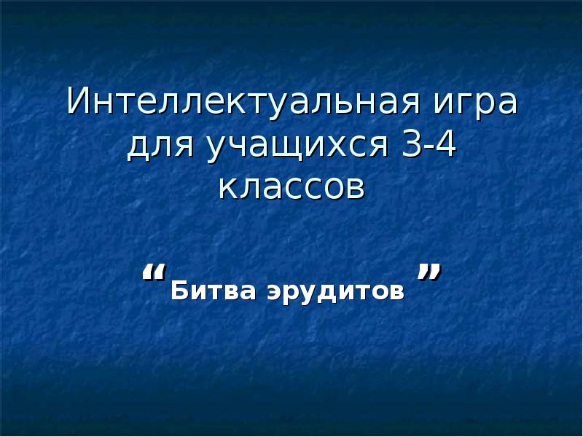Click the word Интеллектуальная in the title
243,103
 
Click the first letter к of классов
228,188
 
